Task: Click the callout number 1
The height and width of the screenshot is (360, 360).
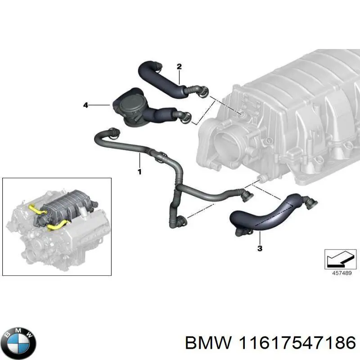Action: coord(139,171)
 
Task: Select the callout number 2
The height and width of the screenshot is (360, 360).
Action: coord(179,67)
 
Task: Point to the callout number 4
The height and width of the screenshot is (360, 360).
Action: coord(85,105)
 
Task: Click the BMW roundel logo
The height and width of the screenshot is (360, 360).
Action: coord(18,341)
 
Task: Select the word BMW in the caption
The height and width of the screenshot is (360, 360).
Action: coord(208,342)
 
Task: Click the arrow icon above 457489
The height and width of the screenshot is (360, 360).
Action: coord(337,259)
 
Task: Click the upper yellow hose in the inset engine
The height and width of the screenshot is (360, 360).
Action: coord(36,209)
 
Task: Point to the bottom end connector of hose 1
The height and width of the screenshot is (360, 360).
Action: coord(181,220)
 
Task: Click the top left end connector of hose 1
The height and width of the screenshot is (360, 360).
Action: coord(112,132)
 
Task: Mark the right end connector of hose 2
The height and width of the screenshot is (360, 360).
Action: coord(203,92)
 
